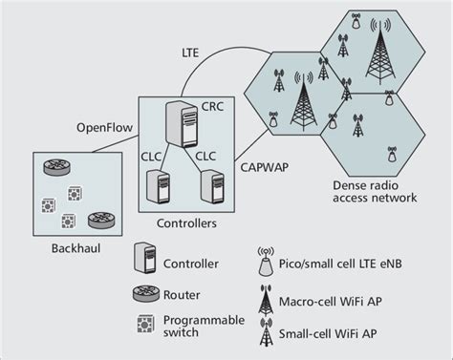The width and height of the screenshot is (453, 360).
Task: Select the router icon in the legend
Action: coord(143,293)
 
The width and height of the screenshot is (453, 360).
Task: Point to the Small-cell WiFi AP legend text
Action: coord(336,335)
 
